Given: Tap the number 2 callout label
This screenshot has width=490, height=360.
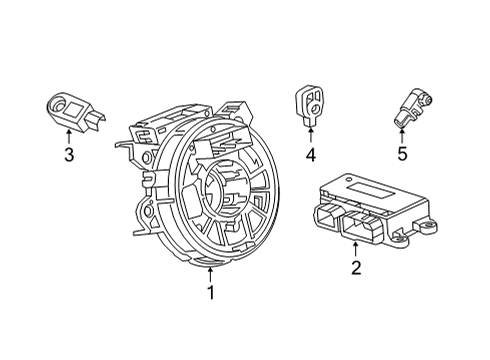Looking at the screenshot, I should click(x=354, y=266).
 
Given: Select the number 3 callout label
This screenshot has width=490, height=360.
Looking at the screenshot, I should click(x=68, y=154).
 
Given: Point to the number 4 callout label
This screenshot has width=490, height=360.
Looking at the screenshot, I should click(x=310, y=154).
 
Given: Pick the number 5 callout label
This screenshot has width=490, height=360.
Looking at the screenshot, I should click(x=402, y=154).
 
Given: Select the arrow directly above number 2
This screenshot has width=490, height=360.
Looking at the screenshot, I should click(x=354, y=247).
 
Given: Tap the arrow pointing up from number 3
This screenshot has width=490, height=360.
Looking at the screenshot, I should click(x=68, y=135).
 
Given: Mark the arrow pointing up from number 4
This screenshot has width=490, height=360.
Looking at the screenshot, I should click(x=310, y=135).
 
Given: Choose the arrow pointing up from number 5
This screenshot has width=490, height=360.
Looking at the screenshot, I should click(x=402, y=135).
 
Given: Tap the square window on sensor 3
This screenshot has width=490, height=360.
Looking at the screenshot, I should click(x=74, y=111).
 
